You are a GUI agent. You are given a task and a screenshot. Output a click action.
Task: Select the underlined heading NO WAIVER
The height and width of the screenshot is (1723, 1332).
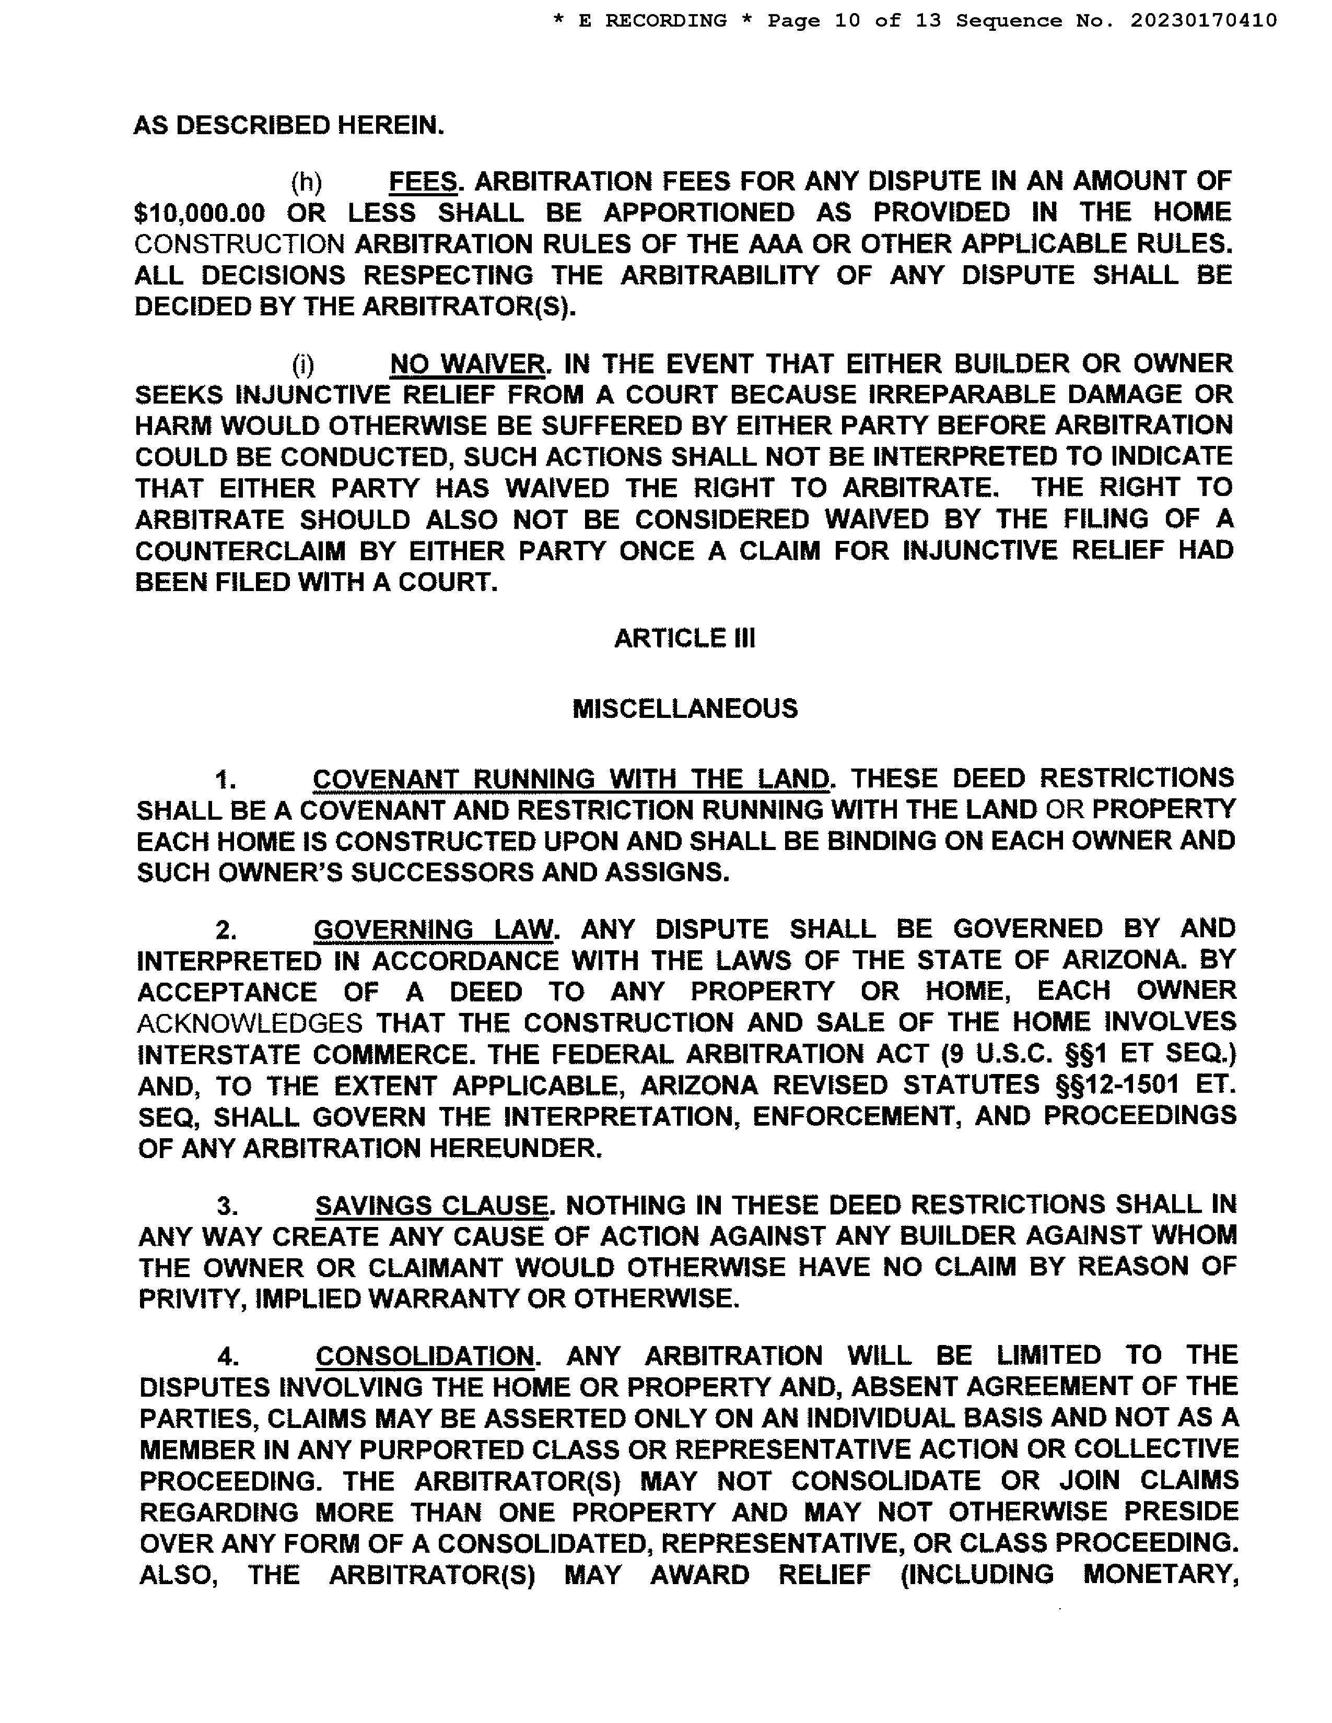point(466,364)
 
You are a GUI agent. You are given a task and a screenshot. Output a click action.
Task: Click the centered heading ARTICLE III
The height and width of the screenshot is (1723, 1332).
point(684,638)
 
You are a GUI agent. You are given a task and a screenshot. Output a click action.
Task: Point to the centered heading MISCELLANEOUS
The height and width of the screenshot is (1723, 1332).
point(684,709)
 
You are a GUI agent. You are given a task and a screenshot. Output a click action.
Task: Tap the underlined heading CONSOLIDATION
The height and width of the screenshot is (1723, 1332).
point(425,1356)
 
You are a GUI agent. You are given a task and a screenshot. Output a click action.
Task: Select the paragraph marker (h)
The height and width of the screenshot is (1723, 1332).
point(306,182)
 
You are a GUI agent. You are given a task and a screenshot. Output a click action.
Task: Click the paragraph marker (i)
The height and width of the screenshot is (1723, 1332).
point(303,364)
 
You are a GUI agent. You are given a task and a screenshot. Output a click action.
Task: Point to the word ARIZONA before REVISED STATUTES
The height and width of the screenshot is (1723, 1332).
point(699,1085)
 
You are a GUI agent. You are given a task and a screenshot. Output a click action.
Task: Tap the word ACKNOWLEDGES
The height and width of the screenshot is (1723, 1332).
point(249,1023)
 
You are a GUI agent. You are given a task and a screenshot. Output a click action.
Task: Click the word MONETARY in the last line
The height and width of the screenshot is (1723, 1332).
point(1159,1575)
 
